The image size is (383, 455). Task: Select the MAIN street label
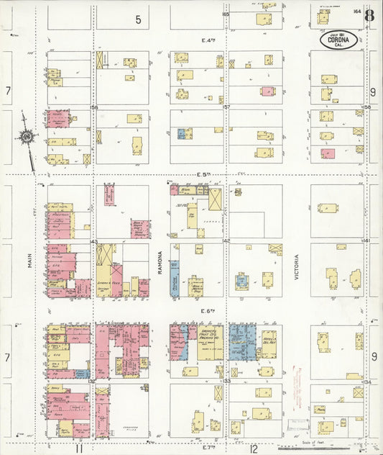point(30,259)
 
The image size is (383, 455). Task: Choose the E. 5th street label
point(209,175)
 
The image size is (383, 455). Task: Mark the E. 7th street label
point(209,447)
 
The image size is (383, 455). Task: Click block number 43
point(94,241)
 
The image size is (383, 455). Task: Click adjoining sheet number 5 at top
point(138,19)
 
